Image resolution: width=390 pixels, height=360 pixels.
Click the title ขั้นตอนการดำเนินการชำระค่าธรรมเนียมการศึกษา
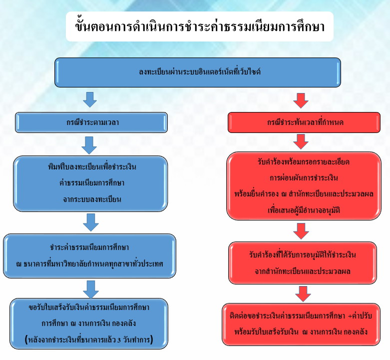pyautogui.click(x=200, y=26)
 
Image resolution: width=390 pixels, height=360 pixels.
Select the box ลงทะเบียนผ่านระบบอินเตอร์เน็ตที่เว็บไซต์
pyautogui.click(x=198, y=72)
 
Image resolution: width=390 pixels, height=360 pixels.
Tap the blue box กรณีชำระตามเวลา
pyautogui.click(x=91, y=122)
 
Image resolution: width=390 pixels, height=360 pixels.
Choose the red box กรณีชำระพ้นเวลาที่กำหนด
pyautogui.click(x=304, y=122)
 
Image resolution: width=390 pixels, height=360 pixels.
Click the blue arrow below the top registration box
pyautogui.click(x=90, y=99)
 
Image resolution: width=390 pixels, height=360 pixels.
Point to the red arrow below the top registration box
pyautogui.click(x=301, y=100)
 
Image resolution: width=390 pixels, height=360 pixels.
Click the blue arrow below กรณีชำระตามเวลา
pyautogui.click(x=89, y=145)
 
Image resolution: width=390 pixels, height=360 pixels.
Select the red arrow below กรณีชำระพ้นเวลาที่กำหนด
pyautogui.click(x=301, y=141)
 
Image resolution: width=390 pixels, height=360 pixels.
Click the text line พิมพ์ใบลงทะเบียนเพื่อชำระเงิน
pyautogui.click(x=92, y=166)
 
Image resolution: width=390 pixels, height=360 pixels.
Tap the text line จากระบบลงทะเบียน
pyautogui.click(x=92, y=199)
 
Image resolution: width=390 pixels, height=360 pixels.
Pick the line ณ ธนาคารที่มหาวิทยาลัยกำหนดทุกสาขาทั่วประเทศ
pyautogui.click(x=89, y=263)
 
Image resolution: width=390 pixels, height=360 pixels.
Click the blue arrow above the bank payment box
pyautogui.click(x=91, y=222)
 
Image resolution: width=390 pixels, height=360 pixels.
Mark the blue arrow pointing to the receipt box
pyautogui.click(x=91, y=289)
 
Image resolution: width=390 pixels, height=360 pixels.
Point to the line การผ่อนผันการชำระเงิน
pyautogui.click(x=304, y=178)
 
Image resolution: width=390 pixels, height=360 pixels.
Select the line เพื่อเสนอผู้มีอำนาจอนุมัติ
pyautogui.click(x=304, y=210)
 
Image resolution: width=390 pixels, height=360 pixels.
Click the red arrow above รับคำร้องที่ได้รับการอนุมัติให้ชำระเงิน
pyautogui.click(x=301, y=231)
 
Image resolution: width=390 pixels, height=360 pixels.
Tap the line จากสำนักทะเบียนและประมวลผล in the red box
pyautogui.click(x=303, y=271)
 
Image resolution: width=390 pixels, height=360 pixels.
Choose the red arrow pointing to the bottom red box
pyautogui.click(x=303, y=294)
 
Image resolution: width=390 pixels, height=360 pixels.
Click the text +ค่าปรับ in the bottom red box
pyautogui.click(x=360, y=316)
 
